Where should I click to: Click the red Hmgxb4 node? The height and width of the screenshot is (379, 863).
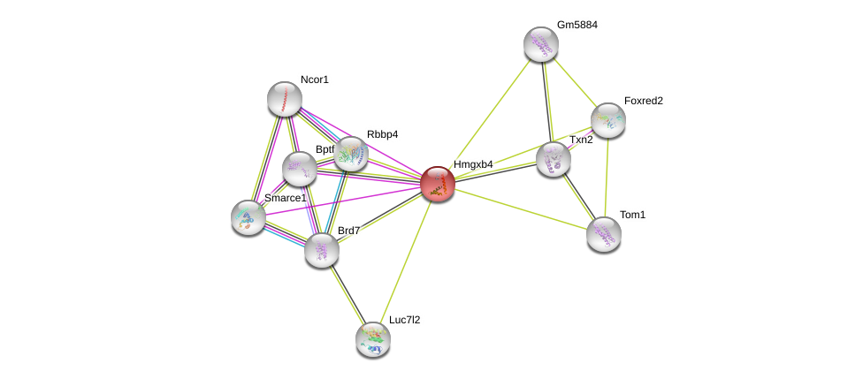pyautogui.click(x=437, y=184)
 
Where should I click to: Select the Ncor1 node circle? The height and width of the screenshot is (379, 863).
pyautogui.click(x=285, y=99)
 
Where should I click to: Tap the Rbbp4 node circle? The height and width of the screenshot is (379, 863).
pyautogui.click(x=351, y=154)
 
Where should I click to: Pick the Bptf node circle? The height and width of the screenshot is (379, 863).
pyautogui.click(x=300, y=169)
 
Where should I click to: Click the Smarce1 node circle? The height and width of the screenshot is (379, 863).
pyautogui.click(x=248, y=216)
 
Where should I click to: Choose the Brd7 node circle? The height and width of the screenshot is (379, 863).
pyautogui.click(x=322, y=249)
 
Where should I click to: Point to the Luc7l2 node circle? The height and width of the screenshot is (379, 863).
pyautogui.click(x=373, y=338)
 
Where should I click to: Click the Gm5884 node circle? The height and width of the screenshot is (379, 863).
pyautogui.click(x=541, y=44)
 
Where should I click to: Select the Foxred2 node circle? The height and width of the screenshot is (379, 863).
pyautogui.click(x=608, y=120)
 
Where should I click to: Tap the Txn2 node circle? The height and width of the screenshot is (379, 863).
pyautogui.click(x=554, y=159)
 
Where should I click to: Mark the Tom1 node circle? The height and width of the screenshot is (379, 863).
pyautogui.click(x=604, y=234)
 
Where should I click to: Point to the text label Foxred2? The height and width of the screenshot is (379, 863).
pyautogui.click(x=643, y=101)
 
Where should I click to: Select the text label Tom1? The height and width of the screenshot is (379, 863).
pyautogui.click(x=632, y=215)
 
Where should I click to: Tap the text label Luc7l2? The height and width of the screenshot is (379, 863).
pyautogui.click(x=404, y=320)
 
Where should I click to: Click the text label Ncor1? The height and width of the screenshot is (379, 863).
pyautogui.click(x=314, y=80)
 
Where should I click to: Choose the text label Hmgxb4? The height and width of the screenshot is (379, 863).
pyautogui.click(x=473, y=164)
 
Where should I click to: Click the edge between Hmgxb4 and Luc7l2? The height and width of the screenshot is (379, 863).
pyautogui.click(x=405, y=261)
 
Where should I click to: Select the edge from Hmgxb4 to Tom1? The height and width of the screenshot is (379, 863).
pyautogui.click(x=520, y=208)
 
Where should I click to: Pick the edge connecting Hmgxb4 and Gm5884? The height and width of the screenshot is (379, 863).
pyautogui.click(x=489, y=114)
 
